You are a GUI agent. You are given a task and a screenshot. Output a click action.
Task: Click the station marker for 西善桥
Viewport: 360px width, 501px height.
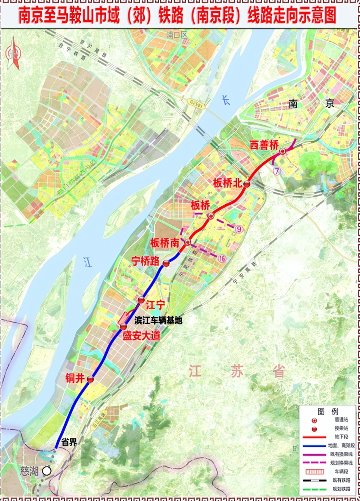283,152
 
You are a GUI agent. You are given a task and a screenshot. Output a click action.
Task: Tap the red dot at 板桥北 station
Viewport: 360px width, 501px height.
247,184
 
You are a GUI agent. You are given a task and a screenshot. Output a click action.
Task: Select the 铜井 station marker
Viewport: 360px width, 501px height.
90,379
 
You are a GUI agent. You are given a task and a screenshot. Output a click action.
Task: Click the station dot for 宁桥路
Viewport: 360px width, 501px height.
166,263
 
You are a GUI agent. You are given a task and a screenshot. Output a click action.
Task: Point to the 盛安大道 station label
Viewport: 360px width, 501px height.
141,336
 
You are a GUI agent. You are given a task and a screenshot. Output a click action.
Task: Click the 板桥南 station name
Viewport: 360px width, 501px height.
164,243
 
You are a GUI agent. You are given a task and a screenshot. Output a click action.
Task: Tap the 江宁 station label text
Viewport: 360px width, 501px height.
155,305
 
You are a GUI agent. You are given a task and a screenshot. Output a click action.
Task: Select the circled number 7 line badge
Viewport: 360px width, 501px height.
277,171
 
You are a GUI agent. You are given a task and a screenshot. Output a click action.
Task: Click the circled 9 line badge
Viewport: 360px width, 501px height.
239,229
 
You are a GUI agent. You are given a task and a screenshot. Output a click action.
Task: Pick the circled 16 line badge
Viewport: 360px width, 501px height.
222,258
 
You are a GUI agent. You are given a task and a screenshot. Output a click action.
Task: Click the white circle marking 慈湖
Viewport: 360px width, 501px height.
47,471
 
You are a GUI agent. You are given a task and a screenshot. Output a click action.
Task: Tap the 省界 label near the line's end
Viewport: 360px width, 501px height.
69,442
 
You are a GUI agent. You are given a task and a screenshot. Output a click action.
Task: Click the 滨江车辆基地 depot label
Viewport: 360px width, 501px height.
158,321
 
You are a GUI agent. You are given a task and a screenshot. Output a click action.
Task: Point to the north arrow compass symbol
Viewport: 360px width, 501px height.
13,53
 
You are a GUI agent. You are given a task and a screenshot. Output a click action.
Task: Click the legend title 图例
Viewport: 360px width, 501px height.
328,412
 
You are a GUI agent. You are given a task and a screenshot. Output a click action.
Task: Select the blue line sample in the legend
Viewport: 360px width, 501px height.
315,446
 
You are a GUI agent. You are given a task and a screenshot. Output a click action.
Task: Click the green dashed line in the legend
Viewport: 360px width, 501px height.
315,489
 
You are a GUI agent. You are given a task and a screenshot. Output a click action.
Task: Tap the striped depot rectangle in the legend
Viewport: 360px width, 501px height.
315,472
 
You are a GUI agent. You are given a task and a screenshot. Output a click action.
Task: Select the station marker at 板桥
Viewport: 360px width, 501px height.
211,216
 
